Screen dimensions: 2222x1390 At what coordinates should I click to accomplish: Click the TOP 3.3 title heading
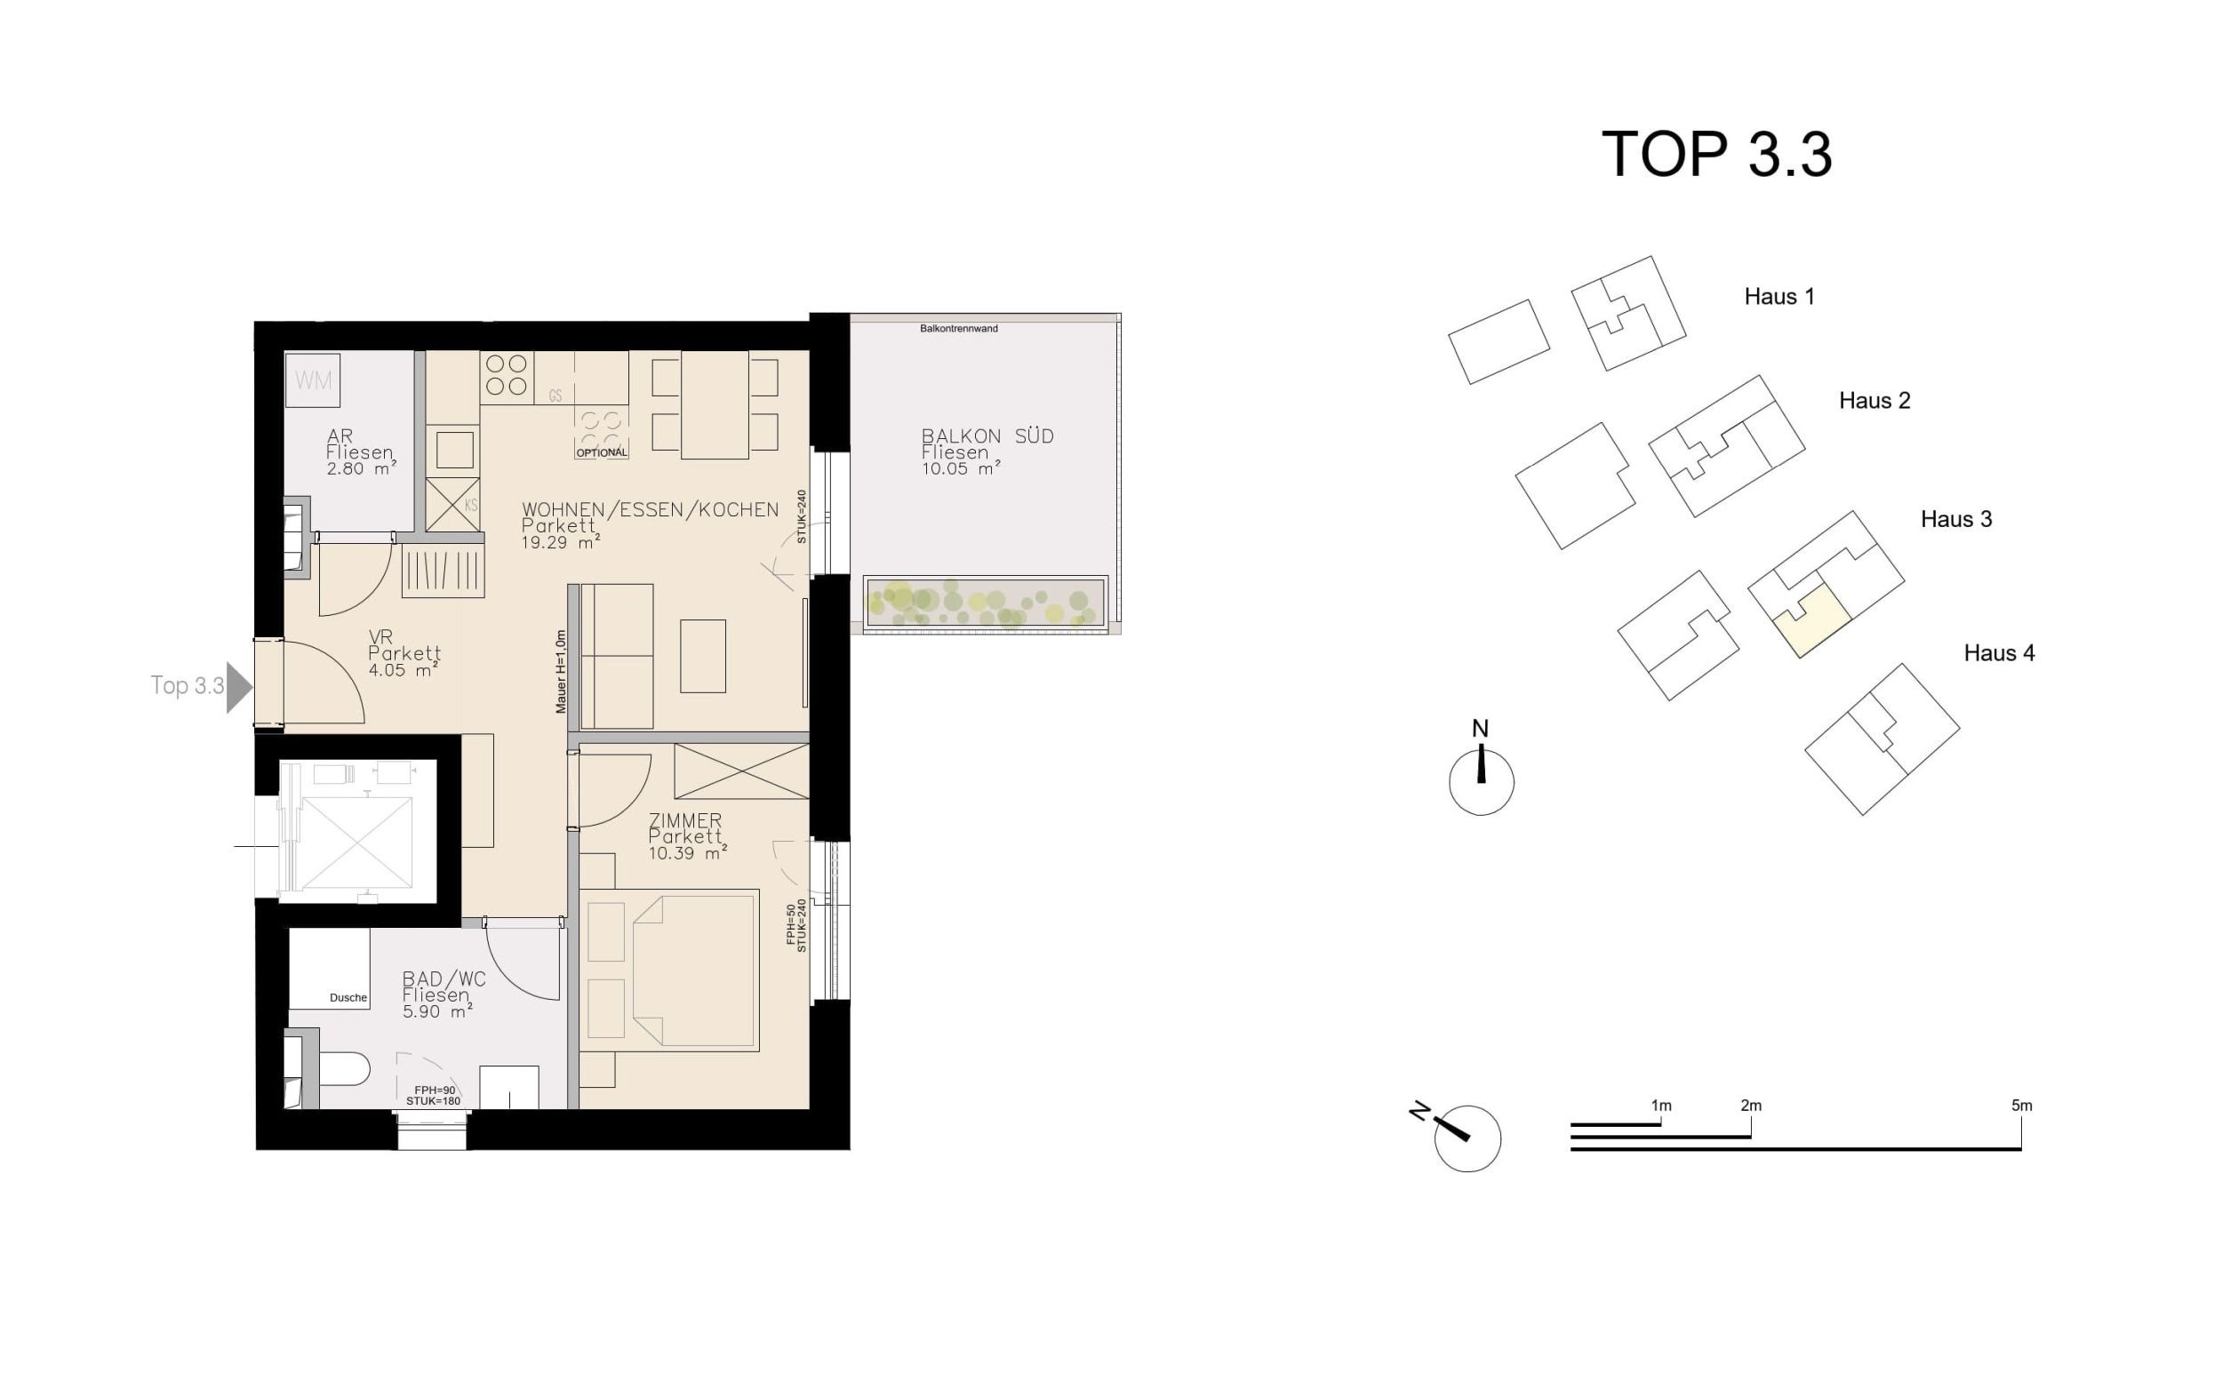tap(1716, 154)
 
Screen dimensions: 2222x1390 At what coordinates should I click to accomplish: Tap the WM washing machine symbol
tap(314, 379)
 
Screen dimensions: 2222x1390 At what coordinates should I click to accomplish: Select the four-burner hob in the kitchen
tap(507, 376)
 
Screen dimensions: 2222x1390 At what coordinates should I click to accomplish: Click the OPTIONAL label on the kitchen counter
tap(602, 452)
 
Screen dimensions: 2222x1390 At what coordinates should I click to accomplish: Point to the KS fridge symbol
tap(453, 504)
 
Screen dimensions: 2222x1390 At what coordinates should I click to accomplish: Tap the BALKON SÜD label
tap(987, 435)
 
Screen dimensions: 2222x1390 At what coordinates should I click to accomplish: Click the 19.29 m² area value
tap(561, 542)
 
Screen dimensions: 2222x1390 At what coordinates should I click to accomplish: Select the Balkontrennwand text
tap(959, 328)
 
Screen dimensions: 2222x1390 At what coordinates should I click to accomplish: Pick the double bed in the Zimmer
tap(669, 970)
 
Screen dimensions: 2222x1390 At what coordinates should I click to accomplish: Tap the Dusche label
tap(348, 997)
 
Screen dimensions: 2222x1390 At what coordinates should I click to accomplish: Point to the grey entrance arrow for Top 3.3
tap(239, 686)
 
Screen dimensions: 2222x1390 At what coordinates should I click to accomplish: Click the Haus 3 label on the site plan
tap(1955, 519)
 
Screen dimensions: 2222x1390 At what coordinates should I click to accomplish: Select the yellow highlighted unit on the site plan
tap(1812, 620)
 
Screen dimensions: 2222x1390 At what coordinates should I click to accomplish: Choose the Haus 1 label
tap(1778, 297)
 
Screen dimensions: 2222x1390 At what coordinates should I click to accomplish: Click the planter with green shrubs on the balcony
tap(986, 603)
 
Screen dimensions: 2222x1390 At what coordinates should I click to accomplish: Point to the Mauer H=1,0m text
tap(561, 671)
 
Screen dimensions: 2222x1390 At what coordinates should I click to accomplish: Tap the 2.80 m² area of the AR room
tap(361, 468)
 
